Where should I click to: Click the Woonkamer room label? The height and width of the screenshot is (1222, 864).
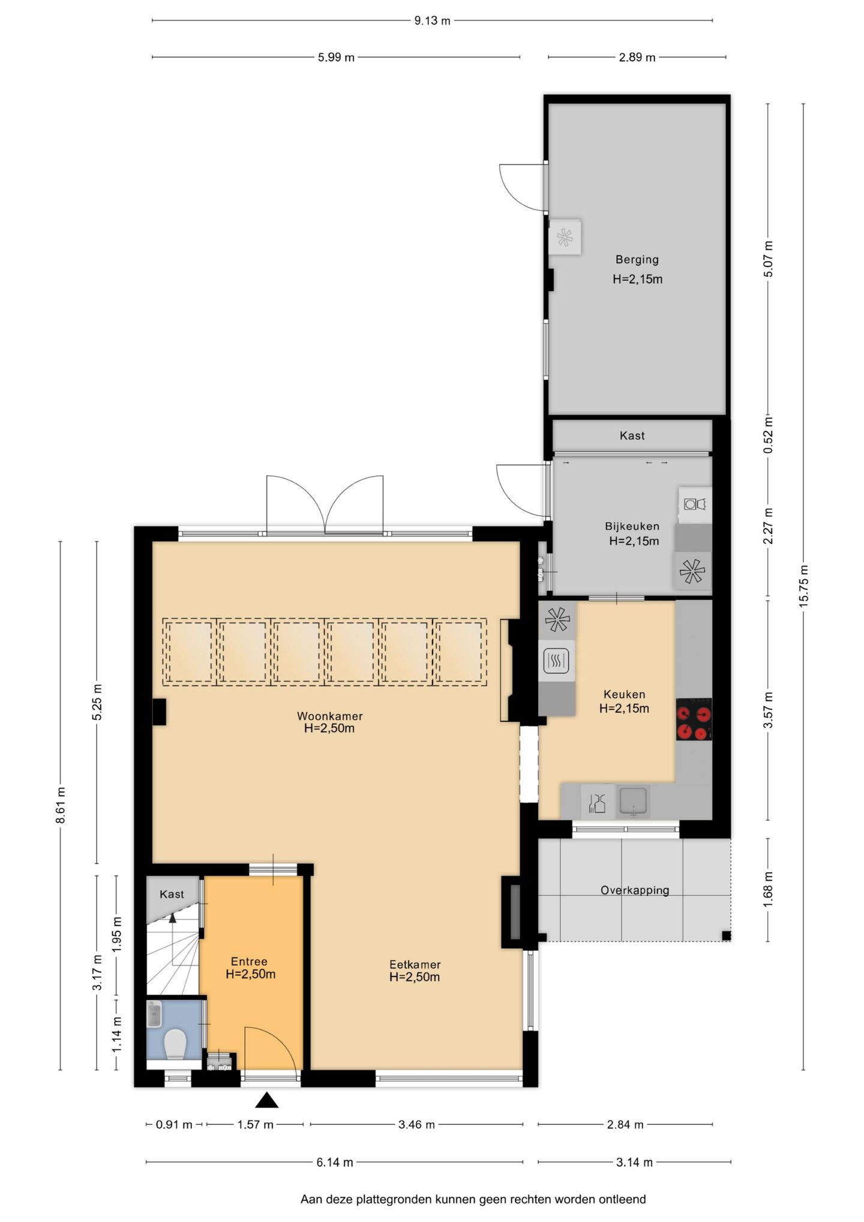click(x=329, y=715)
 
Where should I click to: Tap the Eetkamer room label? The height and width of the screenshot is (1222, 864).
click(x=415, y=964)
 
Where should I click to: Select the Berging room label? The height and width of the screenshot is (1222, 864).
click(x=637, y=259)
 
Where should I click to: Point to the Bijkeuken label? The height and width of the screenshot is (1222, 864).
click(x=632, y=526)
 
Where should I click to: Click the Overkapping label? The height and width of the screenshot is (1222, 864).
click(x=635, y=890)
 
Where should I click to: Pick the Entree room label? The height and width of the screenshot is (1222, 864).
click(x=249, y=961)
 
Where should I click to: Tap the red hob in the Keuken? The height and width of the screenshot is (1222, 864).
click(x=694, y=719)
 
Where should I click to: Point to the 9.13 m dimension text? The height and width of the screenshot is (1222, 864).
click(x=432, y=21)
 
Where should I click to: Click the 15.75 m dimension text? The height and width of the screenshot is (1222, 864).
click(x=804, y=586)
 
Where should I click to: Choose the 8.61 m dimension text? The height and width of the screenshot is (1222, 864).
click(x=61, y=805)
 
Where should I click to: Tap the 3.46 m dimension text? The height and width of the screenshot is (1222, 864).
click(x=416, y=1124)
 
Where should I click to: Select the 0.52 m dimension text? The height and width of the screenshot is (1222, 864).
click(x=768, y=435)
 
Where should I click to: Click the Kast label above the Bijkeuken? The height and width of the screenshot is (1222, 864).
click(x=632, y=436)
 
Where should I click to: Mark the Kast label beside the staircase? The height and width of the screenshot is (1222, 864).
click(x=172, y=894)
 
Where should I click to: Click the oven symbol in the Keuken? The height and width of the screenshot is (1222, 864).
click(x=556, y=661)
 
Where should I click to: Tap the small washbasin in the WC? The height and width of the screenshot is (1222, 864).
click(x=154, y=1014)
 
